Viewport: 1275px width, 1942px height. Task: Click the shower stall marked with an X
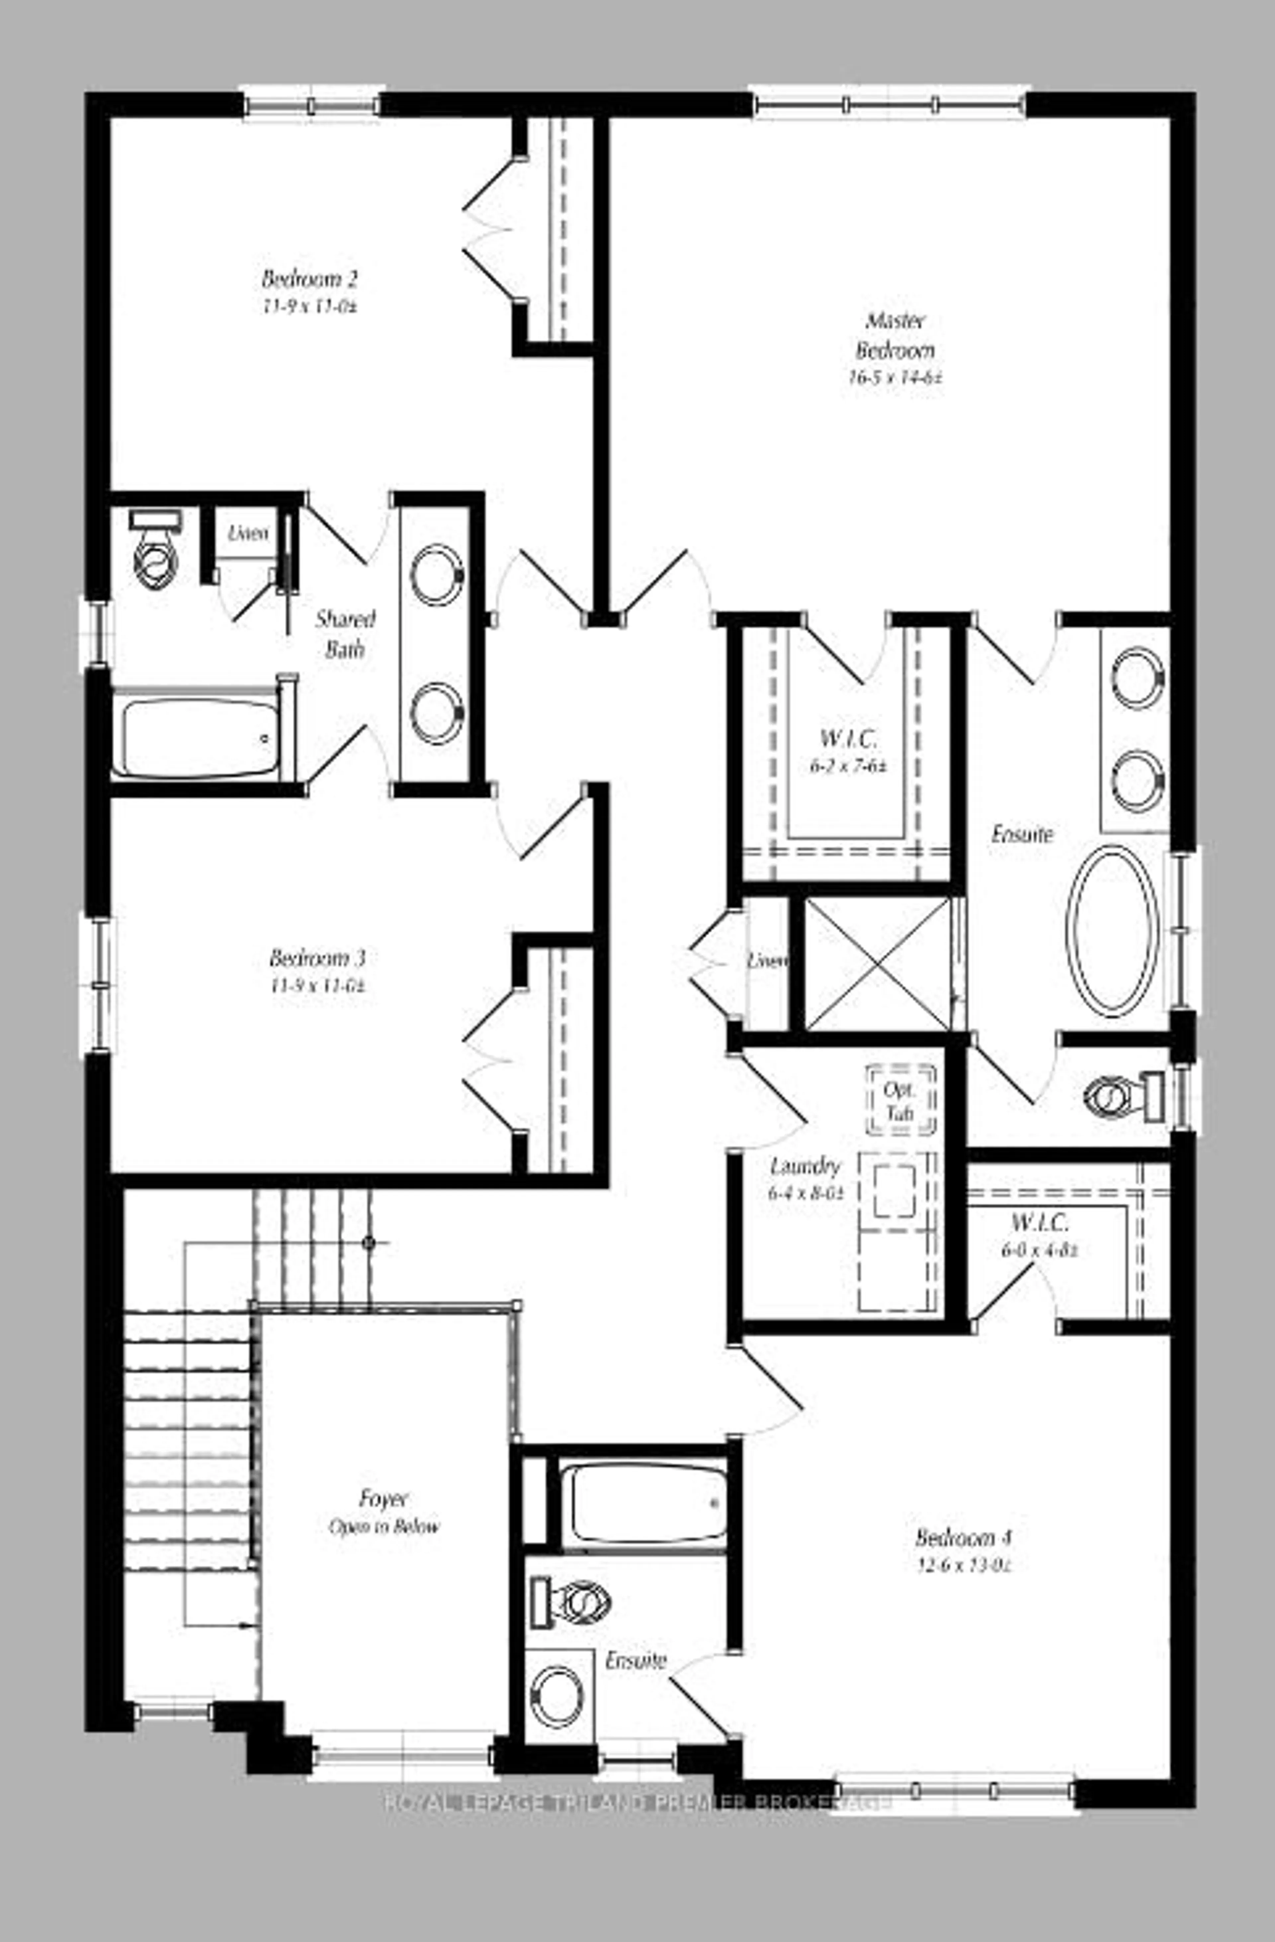878,963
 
